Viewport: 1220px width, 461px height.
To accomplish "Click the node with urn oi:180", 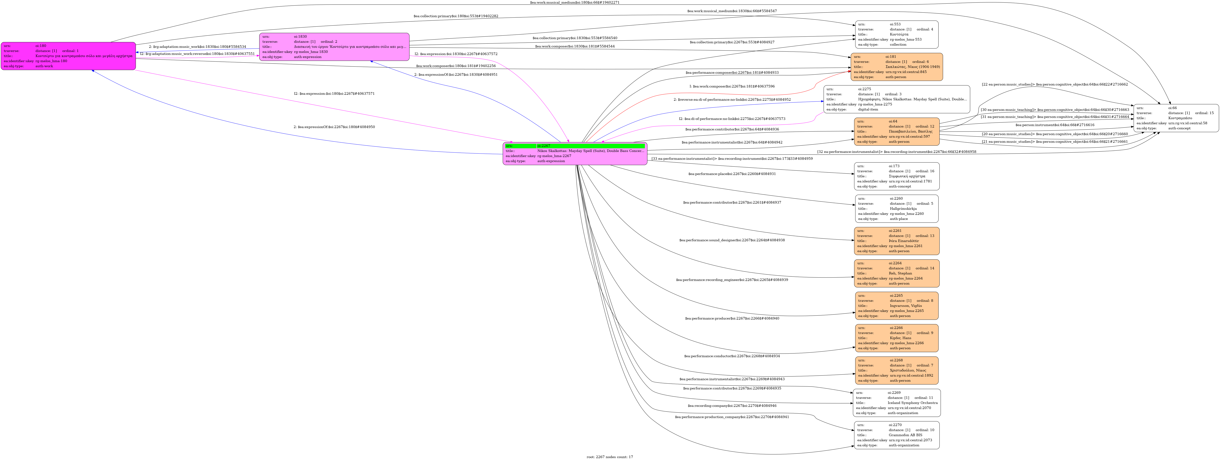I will click(68, 56).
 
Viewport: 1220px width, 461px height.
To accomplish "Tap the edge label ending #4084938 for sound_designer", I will click(732, 240).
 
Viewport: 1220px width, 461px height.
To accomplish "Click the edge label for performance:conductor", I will click(732, 356).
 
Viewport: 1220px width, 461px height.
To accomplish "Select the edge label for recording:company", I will click(732, 406).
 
